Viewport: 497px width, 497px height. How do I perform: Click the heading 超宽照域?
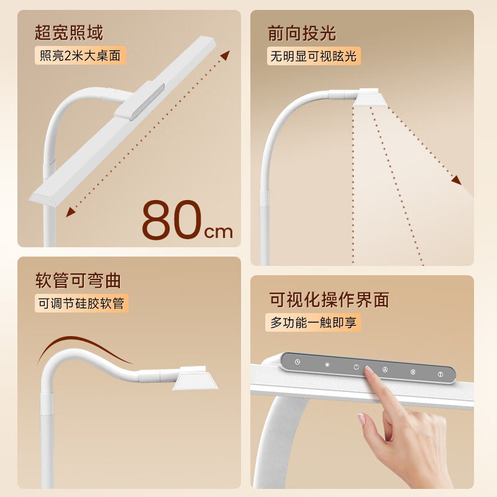click(x=69, y=33)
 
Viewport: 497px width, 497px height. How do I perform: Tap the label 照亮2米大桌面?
click(x=80, y=55)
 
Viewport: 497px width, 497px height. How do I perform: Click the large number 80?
click(x=172, y=220)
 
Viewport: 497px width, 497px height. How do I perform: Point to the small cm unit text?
click(x=219, y=232)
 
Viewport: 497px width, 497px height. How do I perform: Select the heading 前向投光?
click(x=302, y=33)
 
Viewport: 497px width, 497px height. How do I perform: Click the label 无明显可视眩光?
click(x=314, y=57)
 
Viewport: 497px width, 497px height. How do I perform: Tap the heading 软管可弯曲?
click(x=78, y=280)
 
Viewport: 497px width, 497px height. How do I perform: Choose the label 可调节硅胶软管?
click(x=81, y=303)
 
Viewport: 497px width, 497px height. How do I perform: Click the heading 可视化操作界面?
click(x=329, y=300)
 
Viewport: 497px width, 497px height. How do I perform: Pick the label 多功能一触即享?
click(x=314, y=322)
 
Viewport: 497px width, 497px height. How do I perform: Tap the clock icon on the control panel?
click(x=298, y=362)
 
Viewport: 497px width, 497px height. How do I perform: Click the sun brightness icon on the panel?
click(x=327, y=364)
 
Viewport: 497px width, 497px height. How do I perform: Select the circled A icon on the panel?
click(x=385, y=369)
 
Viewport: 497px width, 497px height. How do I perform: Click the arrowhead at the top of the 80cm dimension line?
click(x=224, y=55)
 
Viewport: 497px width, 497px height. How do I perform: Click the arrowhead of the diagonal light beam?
click(x=456, y=180)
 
